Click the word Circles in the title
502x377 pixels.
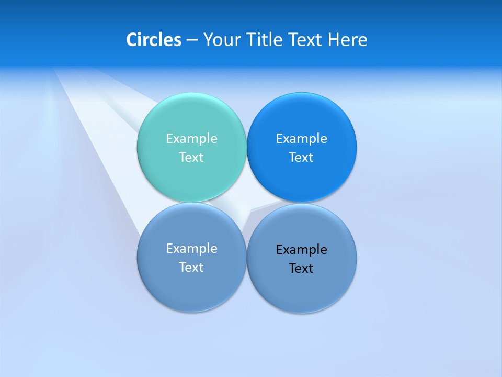point(154,40)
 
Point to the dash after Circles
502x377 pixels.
point(191,40)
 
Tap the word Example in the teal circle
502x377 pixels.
point(191,139)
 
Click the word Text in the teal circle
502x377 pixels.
point(191,157)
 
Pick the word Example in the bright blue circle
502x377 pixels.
point(301,139)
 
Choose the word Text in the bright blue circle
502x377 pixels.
point(301,157)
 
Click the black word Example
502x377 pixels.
point(301,250)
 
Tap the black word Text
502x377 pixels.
point(301,269)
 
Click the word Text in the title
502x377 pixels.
point(305,40)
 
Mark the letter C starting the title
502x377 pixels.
point(132,40)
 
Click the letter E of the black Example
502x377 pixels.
point(279,249)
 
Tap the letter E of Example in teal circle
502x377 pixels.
point(169,138)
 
